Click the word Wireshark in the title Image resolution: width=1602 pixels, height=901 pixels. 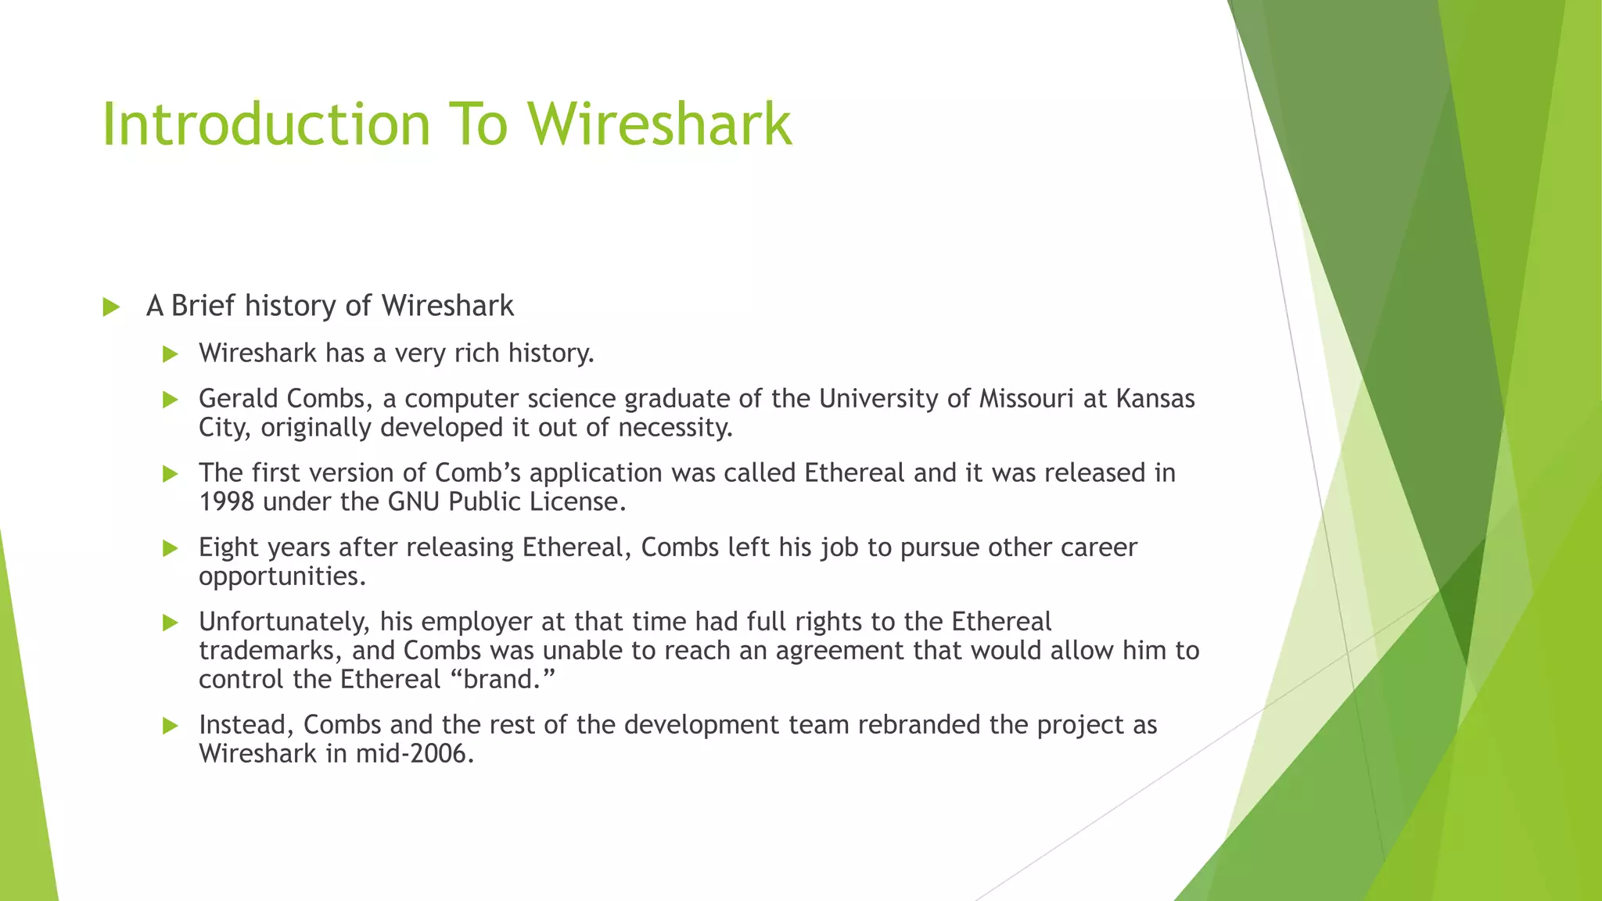pyautogui.click(x=659, y=124)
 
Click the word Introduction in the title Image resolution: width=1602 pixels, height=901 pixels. pyautogui.click(x=266, y=124)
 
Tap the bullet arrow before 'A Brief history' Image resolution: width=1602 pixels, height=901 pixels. pyautogui.click(x=111, y=307)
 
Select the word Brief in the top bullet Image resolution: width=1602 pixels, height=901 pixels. pyautogui.click(x=203, y=306)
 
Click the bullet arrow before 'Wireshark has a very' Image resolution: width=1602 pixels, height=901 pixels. pyautogui.click(x=170, y=354)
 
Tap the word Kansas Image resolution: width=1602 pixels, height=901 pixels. pyautogui.click(x=1155, y=399)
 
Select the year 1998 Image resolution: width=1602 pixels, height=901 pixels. pyautogui.click(x=226, y=502)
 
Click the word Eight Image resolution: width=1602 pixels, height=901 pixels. pyautogui.click(x=228, y=547)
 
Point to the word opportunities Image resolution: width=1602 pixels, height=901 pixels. pyautogui.click(x=282, y=577)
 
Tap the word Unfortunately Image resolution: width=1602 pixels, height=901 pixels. pyautogui.click(x=285, y=622)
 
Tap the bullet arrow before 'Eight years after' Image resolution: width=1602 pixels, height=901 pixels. pyautogui.click(x=170, y=548)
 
